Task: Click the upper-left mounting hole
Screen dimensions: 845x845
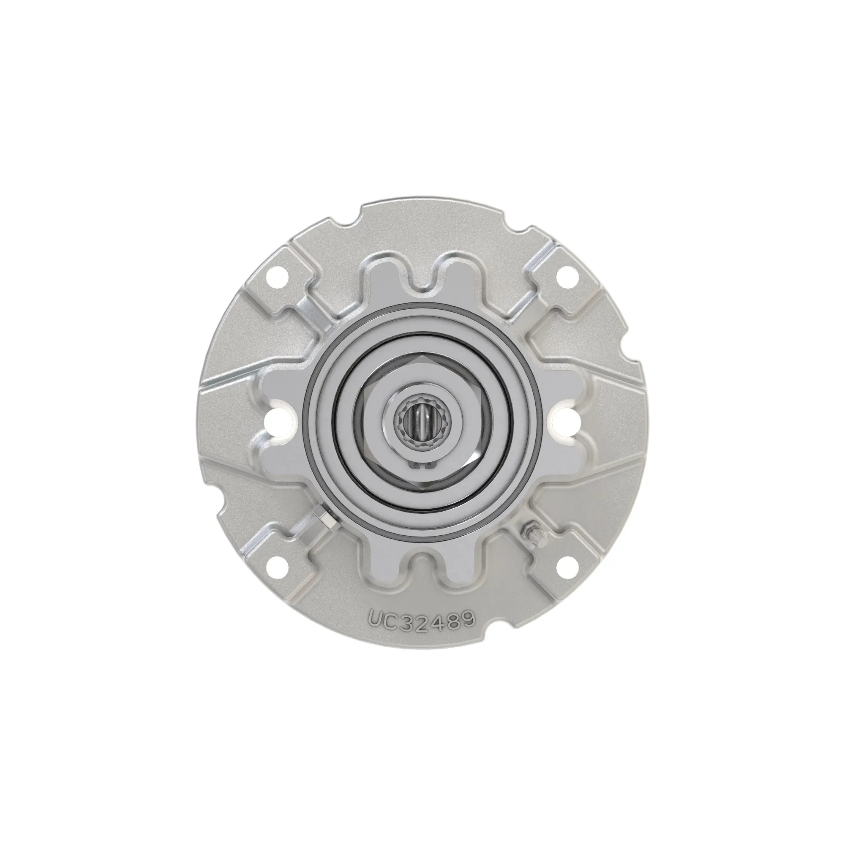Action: point(276,276)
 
